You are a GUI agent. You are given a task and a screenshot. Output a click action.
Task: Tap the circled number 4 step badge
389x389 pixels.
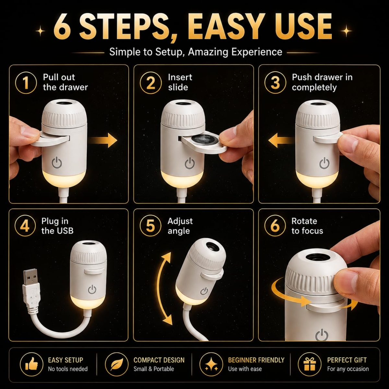(25, 226)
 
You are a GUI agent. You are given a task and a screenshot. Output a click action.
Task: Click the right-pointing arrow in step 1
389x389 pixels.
(103, 140)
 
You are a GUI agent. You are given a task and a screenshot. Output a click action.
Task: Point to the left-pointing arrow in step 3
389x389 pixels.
(282, 141)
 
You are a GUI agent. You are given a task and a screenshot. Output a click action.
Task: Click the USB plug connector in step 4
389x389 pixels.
(30, 288)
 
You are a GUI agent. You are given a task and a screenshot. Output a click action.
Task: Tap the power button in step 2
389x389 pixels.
(190, 163)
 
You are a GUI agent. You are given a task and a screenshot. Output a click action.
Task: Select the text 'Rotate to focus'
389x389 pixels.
(307, 226)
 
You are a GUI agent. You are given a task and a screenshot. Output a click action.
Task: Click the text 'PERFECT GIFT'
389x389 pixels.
(347, 360)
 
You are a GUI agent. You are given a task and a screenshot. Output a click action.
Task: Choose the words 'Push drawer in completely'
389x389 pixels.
(322, 82)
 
